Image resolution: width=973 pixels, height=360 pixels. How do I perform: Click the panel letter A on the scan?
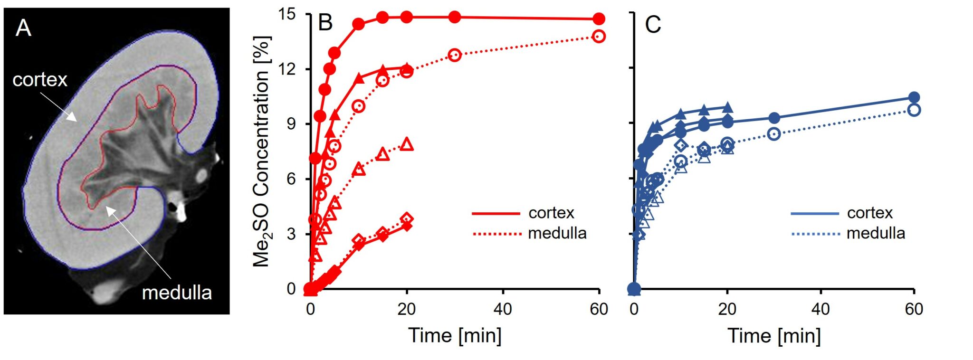tap(23, 28)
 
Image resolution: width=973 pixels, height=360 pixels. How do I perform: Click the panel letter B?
tap(325, 23)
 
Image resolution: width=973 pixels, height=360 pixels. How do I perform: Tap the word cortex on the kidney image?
tap(40, 80)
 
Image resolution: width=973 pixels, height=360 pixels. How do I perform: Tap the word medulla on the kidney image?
tap(177, 293)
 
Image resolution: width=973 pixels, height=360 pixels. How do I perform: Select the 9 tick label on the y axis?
tap(291, 124)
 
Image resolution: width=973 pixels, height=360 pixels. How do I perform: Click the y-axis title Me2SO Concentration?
tap(261, 151)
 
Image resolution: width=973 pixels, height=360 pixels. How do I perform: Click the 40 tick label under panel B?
tap(503, 309)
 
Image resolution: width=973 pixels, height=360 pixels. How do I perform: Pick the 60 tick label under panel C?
tap(914, 309)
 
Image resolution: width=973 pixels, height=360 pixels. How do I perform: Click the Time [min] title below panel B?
tap(455, 335)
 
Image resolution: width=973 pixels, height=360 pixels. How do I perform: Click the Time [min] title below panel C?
tap(774, 336)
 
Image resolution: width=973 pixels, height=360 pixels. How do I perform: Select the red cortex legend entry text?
tap(551, 213)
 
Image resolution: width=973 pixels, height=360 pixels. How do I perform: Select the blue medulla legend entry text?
tap(876, 233)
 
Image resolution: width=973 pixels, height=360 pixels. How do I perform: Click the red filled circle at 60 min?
tap(599, 19)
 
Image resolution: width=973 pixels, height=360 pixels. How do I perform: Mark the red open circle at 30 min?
tap(455, 55)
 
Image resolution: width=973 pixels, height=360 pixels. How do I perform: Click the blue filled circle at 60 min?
tap(914, 97)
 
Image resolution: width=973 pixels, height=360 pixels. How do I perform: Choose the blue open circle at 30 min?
tap(774, 134)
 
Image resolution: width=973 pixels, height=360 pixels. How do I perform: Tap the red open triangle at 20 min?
tap(407, 144)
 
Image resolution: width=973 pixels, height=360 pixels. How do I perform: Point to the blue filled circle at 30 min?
tap(774, 118)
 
